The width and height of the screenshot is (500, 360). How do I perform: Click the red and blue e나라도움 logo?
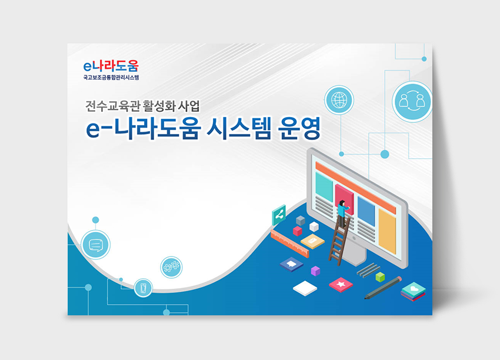111,66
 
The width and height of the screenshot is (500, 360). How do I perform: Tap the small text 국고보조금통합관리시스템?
111,77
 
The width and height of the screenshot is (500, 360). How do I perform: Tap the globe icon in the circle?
339,100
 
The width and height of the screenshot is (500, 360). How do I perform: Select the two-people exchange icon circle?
412,101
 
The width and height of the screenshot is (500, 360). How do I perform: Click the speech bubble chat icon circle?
95,245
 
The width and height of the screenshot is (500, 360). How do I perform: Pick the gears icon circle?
171,267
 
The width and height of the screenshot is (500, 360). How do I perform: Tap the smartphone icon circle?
143,288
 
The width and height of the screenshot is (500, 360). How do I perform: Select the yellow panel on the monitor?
387,231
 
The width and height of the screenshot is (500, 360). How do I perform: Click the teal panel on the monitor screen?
324,186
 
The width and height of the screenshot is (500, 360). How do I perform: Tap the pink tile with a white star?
341,285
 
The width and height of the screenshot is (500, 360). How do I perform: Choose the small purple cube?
315,271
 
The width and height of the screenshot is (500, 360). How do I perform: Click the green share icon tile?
279,215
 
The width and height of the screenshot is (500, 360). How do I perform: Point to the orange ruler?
289,244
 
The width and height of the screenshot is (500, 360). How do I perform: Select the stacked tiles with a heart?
414,291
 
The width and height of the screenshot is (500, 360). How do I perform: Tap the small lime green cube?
380,277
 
